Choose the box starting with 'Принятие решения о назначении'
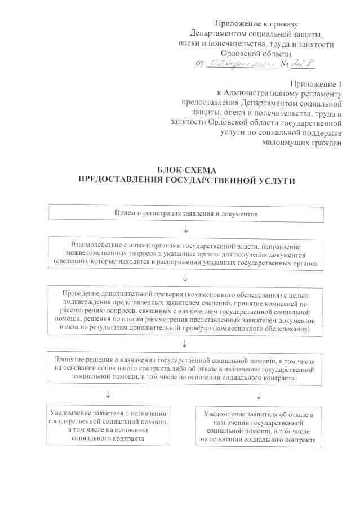[186, 367]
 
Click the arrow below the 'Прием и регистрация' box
[186, 229]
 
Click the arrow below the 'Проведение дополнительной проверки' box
[186, 344]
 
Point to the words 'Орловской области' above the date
[257, 54]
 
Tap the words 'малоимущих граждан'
[303, 142]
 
